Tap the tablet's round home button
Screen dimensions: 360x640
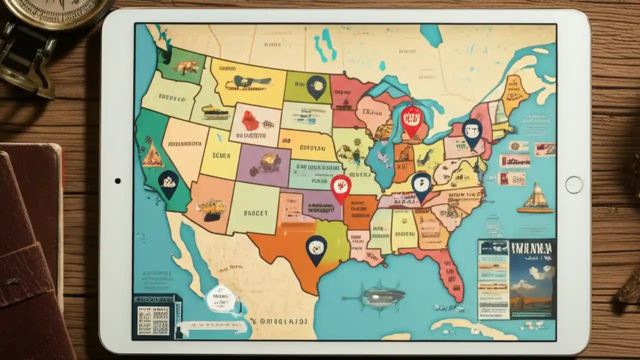pos(574,184)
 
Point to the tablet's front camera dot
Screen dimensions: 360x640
pos(117,181)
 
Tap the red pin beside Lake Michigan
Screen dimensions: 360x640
pos(412,120)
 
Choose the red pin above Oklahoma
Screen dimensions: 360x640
pos(341,187)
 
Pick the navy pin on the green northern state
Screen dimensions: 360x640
pos(316,86)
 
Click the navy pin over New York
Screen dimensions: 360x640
pos(472,132)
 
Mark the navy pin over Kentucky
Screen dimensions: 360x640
pos(421,186)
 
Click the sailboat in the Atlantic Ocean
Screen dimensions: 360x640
pos(536,198)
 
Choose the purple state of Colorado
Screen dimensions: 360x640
pos(263,164)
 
